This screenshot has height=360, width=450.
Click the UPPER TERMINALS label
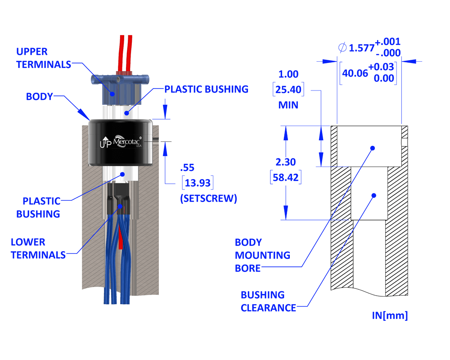43,58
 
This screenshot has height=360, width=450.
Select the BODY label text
39,96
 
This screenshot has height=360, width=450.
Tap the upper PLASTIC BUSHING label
206,89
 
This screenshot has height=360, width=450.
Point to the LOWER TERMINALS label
38,248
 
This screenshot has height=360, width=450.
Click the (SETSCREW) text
208,198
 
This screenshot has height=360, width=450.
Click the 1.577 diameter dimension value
362,48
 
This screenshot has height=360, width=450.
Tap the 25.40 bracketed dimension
288,90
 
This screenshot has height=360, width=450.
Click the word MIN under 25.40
288,105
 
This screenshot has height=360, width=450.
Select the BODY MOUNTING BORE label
262,255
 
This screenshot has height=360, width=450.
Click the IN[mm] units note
390,315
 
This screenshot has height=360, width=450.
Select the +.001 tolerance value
388,42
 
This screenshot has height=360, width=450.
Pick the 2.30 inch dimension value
286,162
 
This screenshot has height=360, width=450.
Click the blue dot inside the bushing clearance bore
373,195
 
